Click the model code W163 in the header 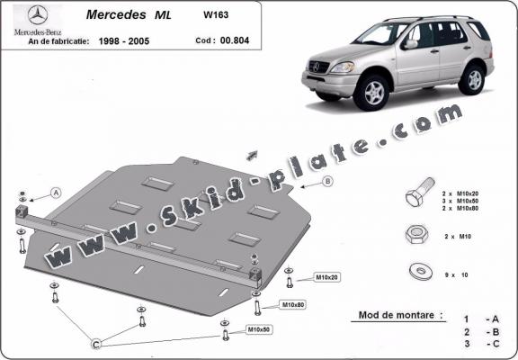215,14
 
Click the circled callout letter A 56,193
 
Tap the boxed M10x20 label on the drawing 327,277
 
